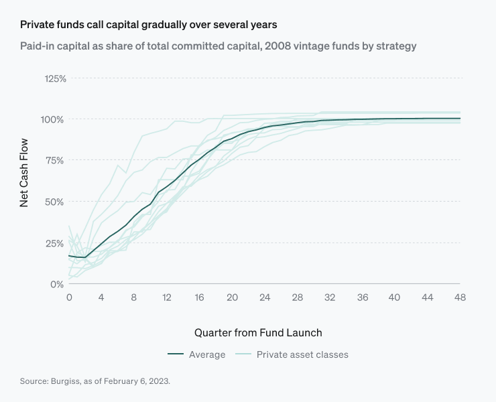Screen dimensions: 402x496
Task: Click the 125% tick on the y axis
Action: coord(55,78)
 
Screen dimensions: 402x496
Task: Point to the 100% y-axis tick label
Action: coord(55,119)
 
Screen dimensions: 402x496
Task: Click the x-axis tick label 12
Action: coord(167,297)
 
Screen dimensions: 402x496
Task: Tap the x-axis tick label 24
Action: coord(265,297)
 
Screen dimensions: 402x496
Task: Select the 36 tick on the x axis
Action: coord(363,297)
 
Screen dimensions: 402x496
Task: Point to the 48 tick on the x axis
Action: coord(460,297)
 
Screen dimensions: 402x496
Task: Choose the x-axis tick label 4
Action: coord(102,297)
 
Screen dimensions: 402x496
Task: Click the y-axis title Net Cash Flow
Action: coord(24,172)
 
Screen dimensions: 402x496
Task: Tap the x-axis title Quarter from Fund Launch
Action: coord(258,332)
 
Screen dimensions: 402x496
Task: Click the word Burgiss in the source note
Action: coord(66,381)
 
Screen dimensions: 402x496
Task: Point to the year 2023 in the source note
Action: coord(158,381)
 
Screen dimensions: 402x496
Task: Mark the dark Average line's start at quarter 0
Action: coord(69,256)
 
